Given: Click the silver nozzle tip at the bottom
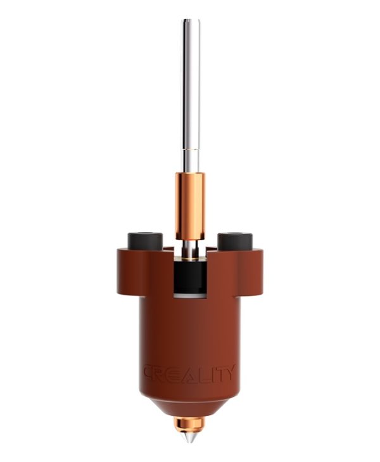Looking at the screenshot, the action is coord(189,437).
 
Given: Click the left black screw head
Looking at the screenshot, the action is coord(145,241).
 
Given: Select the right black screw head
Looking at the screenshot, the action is coord(235,241).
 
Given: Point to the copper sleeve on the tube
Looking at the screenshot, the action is coord(190,205).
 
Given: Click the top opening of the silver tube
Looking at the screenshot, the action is coord(191,21).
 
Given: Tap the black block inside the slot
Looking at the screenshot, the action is coord(190,276).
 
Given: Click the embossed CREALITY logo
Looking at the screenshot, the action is coord(189,374).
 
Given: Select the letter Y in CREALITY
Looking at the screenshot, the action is coord(229,373).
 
